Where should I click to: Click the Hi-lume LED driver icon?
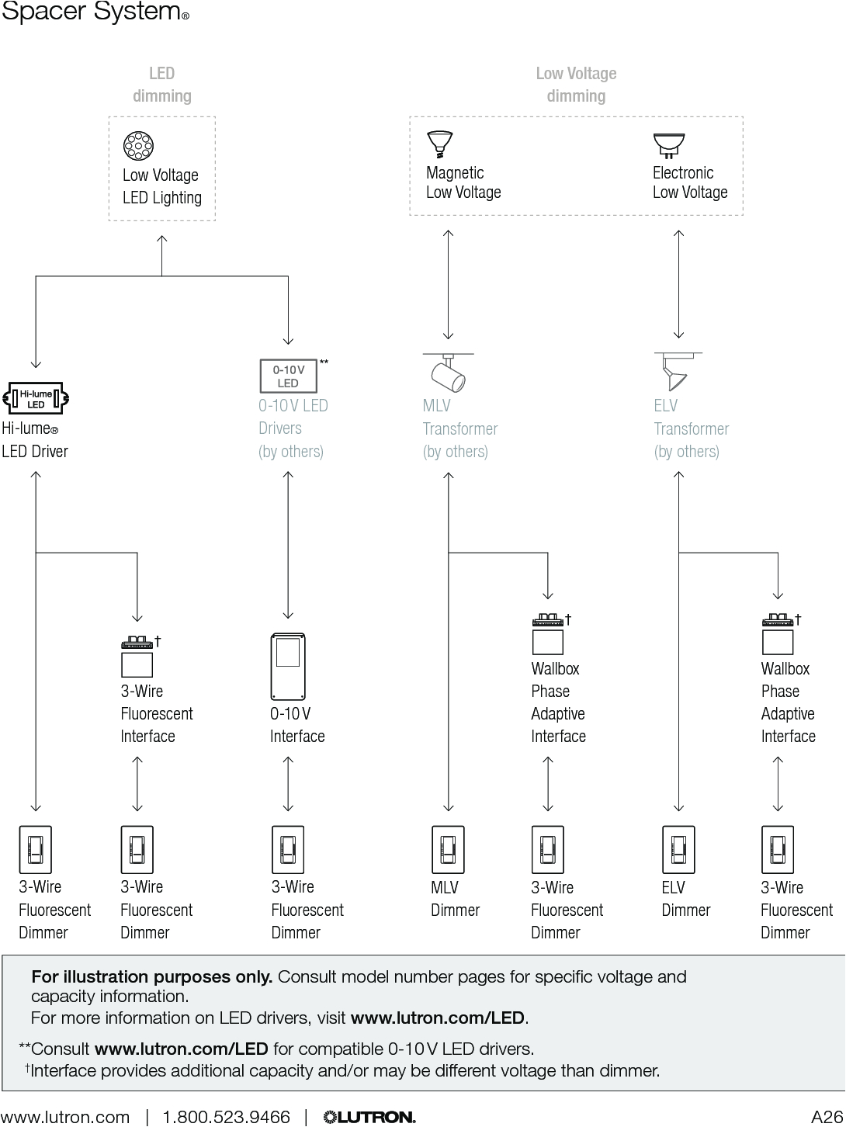pos(36,399)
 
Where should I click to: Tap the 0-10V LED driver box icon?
pos(288,376)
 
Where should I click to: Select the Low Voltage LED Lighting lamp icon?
pos(138,146)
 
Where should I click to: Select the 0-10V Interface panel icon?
pos(288,667)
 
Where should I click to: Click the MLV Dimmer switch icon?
pos(448,850)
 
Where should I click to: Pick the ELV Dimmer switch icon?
pos(678,850)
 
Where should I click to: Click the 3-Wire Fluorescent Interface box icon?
pos(137,657)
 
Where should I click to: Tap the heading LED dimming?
pos(161,85)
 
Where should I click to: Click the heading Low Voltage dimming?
pos(576,85)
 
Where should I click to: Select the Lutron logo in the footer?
pos(369,1117)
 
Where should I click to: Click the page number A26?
pos(826,1117)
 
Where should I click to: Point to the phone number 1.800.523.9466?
pos(226,1117)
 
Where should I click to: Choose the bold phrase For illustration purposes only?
pos(151,976)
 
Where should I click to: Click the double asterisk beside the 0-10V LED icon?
pos(324,362)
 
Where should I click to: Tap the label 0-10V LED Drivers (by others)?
pos(293,428)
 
